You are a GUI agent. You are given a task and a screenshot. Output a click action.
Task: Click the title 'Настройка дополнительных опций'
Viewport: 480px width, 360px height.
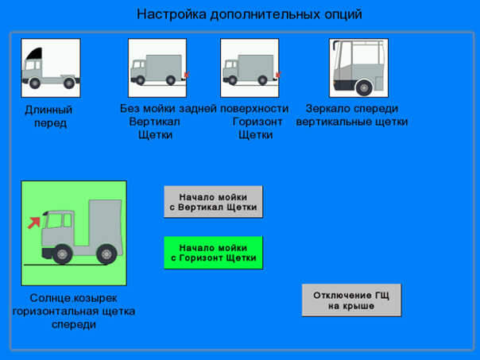coord(250,14)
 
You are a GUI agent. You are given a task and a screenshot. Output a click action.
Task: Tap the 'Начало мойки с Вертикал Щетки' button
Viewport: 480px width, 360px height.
coord(213,202)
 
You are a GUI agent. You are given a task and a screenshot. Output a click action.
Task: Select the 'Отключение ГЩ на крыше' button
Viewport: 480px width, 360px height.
coord(351,300)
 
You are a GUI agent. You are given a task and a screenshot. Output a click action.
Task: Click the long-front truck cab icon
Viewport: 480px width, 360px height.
coord(51,68)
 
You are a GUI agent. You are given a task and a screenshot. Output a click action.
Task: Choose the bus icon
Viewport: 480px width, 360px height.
coord(358,68)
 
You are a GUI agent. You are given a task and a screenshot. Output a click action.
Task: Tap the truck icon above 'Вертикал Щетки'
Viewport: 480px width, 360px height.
coord(157,68)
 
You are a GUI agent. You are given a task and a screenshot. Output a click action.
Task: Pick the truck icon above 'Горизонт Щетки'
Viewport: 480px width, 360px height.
coord(250,68)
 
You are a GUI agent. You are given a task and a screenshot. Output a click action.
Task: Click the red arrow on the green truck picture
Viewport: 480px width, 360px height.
coord(34,223)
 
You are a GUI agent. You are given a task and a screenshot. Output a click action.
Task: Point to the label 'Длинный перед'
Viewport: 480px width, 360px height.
coord(49,116)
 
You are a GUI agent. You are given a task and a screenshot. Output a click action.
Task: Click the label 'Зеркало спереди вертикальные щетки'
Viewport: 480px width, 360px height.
coord(352,115)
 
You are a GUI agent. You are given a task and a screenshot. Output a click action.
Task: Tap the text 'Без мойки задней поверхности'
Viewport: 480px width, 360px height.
coord(204,108)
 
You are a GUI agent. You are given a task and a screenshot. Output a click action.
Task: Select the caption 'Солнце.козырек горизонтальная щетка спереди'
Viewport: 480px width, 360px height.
coord(74,311)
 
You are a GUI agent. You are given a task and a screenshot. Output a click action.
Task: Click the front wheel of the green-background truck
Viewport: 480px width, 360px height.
coord(62,254)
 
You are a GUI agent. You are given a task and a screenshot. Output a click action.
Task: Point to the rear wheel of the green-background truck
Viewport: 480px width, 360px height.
coord(106,254)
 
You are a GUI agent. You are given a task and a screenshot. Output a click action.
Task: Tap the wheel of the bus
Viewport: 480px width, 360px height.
coord(364,88)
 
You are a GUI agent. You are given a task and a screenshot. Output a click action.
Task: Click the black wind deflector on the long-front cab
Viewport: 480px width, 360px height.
coord(35,54)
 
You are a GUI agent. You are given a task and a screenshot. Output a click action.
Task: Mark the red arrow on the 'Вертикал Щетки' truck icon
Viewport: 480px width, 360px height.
coord(187,75)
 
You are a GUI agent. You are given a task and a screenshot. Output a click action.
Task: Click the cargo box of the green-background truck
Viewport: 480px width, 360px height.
coord(105,223)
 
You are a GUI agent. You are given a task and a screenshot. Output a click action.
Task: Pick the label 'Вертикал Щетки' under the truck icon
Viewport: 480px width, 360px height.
coord(155,128)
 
